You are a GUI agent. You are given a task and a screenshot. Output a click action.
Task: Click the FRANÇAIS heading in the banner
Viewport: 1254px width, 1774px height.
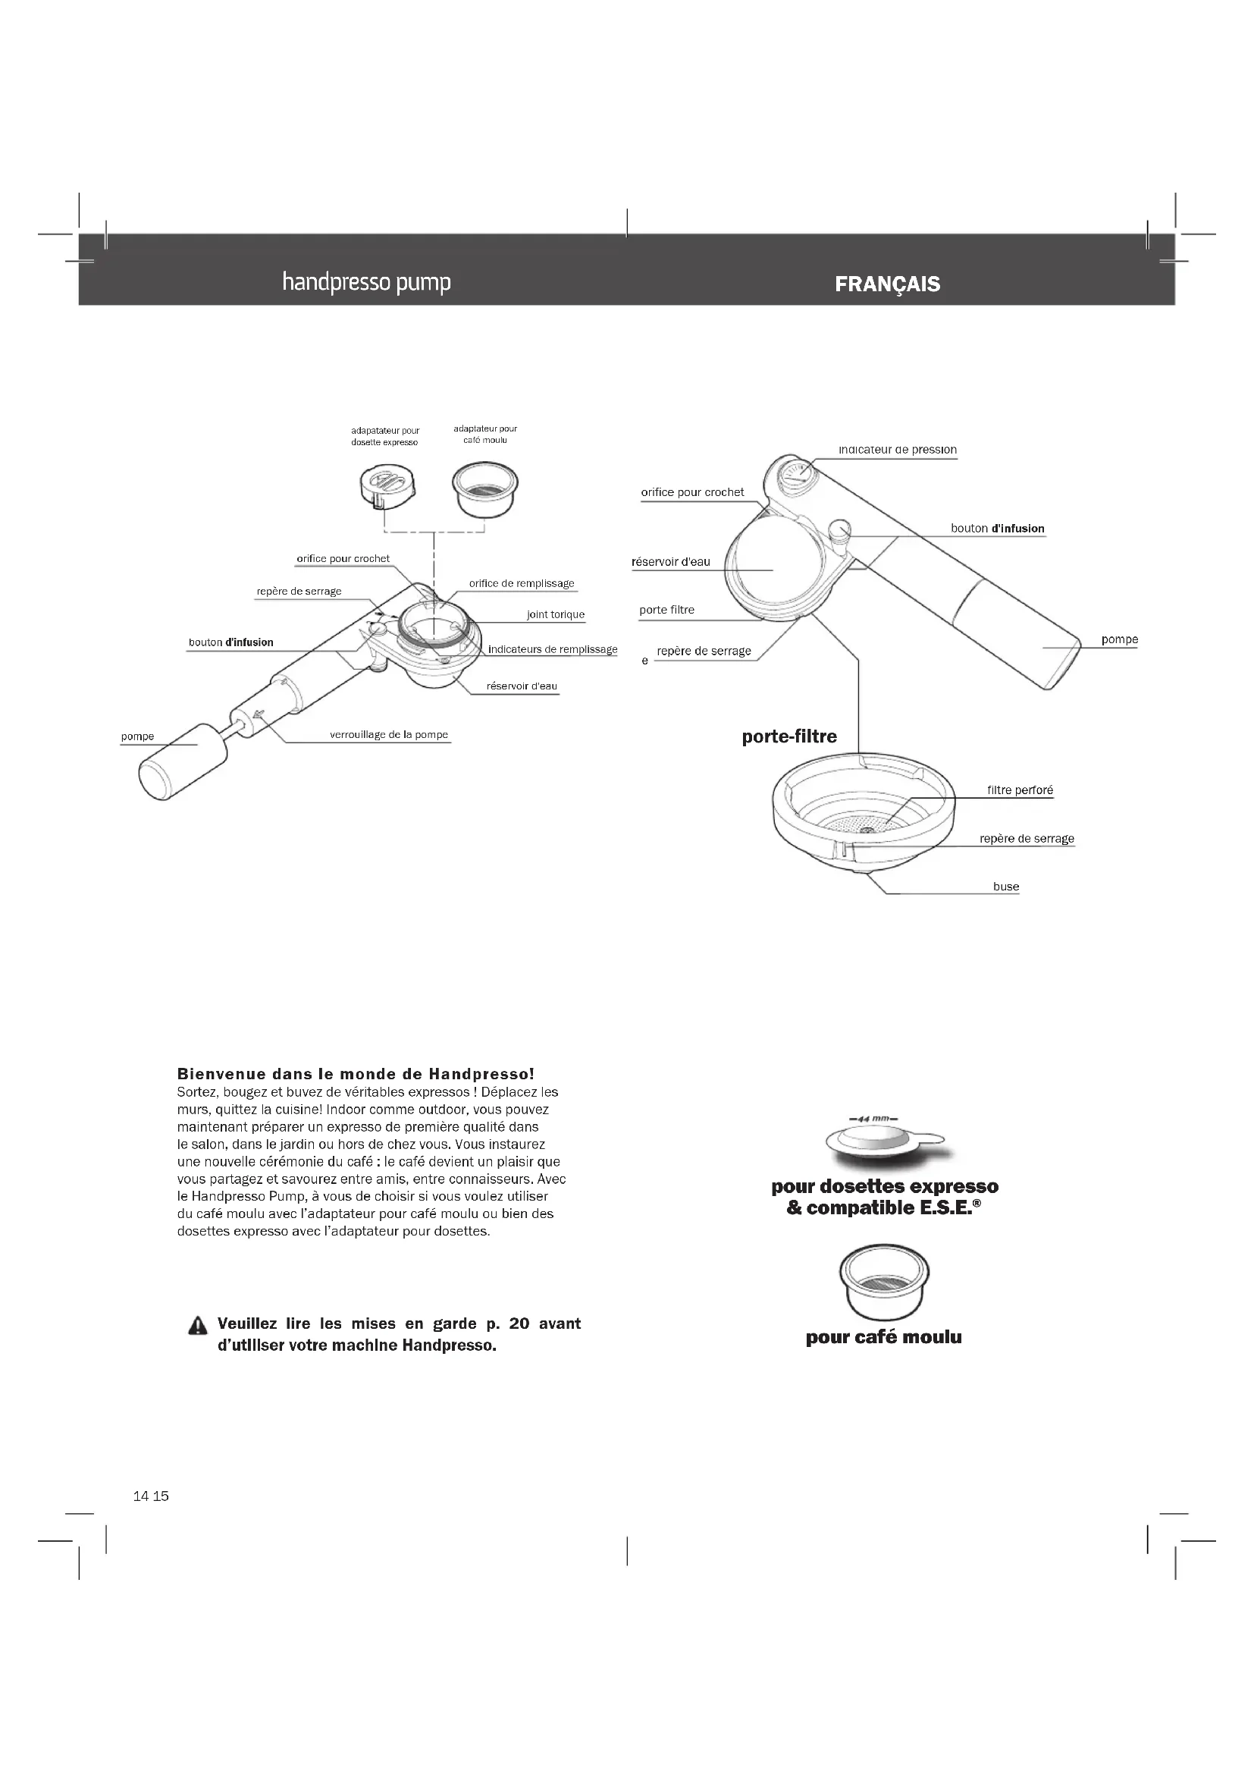coord(887,284)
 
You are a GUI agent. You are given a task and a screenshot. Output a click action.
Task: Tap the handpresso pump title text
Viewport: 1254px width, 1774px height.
coord(366,282)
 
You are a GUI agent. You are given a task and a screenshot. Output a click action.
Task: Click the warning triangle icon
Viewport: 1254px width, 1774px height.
coord(198,1326)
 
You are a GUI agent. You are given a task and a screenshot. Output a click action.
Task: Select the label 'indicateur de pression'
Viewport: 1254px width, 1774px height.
coord(897,450)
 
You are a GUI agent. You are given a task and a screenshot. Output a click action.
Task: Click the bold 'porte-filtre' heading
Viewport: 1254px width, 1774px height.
coord(789,736)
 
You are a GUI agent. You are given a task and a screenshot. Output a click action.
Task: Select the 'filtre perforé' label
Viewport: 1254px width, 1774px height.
coord(1019,790)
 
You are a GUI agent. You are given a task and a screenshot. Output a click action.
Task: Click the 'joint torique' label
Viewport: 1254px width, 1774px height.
coord(555,615)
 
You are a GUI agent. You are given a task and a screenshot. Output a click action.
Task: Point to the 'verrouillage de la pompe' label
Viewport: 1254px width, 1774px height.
coord(388,735)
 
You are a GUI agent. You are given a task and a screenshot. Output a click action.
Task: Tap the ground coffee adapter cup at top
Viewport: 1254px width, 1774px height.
coord(485,490)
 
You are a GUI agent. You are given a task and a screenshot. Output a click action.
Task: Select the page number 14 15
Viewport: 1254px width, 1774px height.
coord(151,1496)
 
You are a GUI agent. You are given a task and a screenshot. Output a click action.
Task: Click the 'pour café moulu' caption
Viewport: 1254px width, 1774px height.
coord(883,1337)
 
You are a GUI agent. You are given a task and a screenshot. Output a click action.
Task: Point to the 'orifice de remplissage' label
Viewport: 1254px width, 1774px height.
coord(521,583)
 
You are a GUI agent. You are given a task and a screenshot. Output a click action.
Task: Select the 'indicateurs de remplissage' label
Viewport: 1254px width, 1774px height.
coord(552,649)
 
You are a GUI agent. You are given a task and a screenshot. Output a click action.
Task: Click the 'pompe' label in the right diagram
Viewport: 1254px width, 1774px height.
coord(1119,640)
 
